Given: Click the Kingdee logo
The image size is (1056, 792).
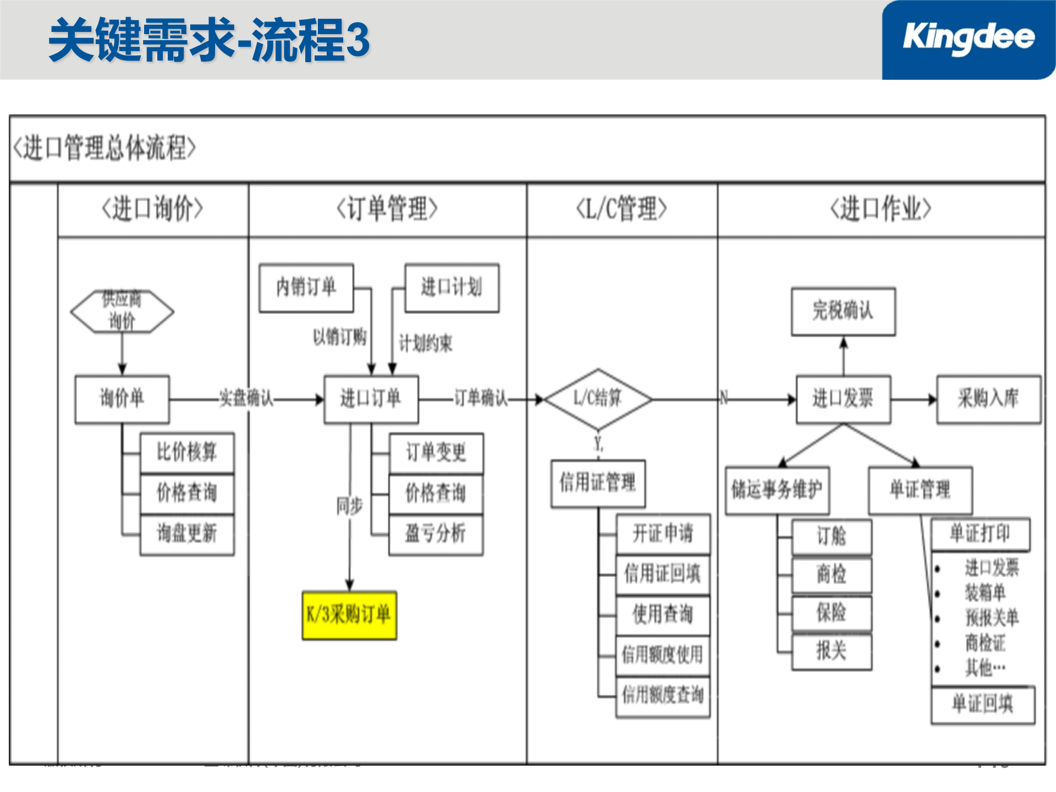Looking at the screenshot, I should [968, 38].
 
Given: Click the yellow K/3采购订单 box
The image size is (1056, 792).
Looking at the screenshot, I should [349, 615].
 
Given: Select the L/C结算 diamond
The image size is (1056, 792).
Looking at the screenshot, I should [598, 399].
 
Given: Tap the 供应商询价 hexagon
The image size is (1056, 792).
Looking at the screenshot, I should [122, 311].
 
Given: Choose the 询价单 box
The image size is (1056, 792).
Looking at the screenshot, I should [122, 399].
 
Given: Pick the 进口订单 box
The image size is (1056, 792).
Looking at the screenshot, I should [371, 399].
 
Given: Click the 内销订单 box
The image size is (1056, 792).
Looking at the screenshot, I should [306, 288].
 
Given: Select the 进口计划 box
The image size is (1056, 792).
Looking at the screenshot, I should [452, 288].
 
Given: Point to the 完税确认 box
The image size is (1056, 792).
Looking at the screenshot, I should [843, 311].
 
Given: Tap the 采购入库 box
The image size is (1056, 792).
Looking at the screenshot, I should [988, 399].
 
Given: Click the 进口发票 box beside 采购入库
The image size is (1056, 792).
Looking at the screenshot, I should [843, 399].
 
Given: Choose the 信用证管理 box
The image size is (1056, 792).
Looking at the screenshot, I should [598, 483].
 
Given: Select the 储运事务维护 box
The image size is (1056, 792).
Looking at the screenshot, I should [777, 490].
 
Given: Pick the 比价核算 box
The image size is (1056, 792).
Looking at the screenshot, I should [187, 453].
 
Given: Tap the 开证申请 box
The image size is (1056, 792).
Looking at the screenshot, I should [663, 534].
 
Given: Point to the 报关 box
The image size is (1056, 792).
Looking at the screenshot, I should [831, 652].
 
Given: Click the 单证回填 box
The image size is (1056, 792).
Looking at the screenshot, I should [983, 705].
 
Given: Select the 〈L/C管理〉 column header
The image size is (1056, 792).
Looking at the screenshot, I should [621, 210].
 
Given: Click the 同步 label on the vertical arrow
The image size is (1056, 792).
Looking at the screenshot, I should [350, 506].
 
